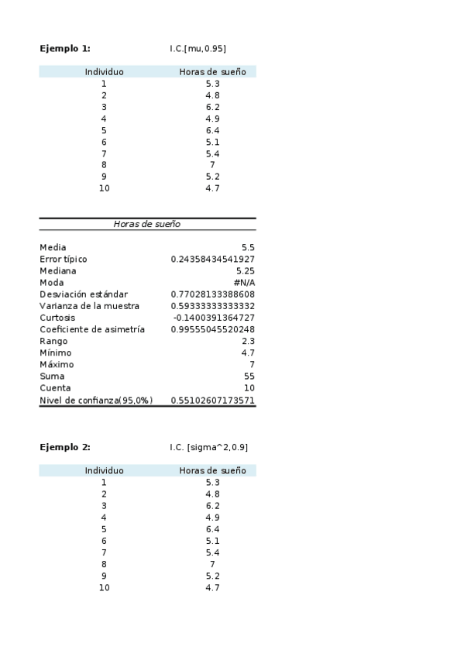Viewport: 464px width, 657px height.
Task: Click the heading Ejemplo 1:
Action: [x=65, y=48]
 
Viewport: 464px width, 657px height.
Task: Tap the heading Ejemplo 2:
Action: [x=65, y=447]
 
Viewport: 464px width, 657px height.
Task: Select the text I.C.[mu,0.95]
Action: [x=198, y=48]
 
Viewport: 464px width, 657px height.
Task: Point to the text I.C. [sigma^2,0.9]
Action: [x=209, y=447]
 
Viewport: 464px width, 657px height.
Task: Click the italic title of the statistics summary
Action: [x=147, y=224]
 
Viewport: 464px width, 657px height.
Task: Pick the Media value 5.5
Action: [x=248, y=247]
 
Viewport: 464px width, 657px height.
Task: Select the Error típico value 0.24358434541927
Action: [x=213, y=259]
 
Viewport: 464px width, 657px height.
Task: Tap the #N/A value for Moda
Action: [x=244, y=283]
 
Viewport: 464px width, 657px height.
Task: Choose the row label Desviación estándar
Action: [x=84, y=294]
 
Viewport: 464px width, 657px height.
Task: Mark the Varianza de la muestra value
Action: [x=213, y=306]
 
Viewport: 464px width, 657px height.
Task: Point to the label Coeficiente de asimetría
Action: [x=92, y=329]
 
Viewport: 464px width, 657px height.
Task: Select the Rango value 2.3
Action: [x=248, y=341]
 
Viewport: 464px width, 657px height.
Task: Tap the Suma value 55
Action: [x=249, y=376]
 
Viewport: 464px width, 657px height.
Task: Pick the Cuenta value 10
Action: [x=249, y=387]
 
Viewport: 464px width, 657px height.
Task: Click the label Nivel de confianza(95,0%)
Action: [x=96, y=400]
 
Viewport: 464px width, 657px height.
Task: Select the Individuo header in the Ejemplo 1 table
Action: [x=104, y=72]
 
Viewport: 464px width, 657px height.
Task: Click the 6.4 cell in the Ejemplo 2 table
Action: [x=212, y=529]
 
